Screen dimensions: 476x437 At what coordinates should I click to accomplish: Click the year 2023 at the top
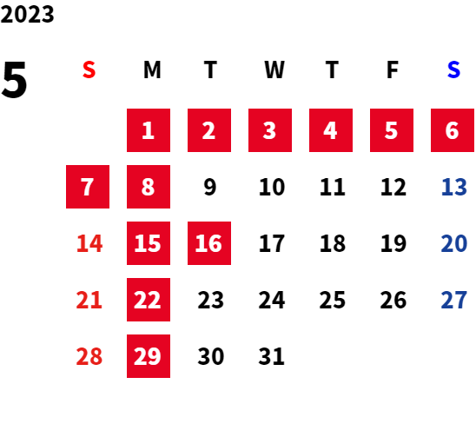click(x=27, y=15)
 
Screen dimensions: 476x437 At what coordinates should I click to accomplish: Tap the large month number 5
click(x=14, y=80)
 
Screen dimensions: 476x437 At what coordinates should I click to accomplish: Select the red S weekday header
click(x=89, y=70)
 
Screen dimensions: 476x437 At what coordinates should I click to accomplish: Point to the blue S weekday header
click(x=453, y=70)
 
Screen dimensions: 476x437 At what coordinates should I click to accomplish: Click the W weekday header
click(x=274, y=70)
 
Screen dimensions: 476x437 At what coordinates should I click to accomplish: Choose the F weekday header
click(x=393, y=70)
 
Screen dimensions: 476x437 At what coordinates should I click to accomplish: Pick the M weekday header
click(x=152, y=70)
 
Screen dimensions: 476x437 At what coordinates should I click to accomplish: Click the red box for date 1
click(x=149, y=130)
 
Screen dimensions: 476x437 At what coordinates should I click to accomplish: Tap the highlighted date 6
click(x=453, y=130)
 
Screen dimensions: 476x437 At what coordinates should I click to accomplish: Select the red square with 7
click(x=88, y=187)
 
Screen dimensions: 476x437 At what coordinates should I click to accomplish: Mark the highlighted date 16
click(x=209, y=243)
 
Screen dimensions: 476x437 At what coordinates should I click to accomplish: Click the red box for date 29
click(x=149, y=356)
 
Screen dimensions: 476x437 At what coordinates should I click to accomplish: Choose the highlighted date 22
click(x=149, y=300)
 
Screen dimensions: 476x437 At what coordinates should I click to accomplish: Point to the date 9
click(x=210, y=187)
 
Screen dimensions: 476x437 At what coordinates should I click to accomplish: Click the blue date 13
click(x=453, y=187)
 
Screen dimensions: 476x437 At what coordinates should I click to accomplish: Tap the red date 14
click(x=89, y=243)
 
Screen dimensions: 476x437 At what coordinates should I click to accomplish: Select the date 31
click(x=271, y=356)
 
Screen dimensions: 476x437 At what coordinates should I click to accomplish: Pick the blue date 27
click(x=453, y=300)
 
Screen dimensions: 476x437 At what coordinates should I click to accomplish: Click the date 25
click(x=333, y=300)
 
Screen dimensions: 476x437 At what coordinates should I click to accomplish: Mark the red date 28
click(x=89, y=356)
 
